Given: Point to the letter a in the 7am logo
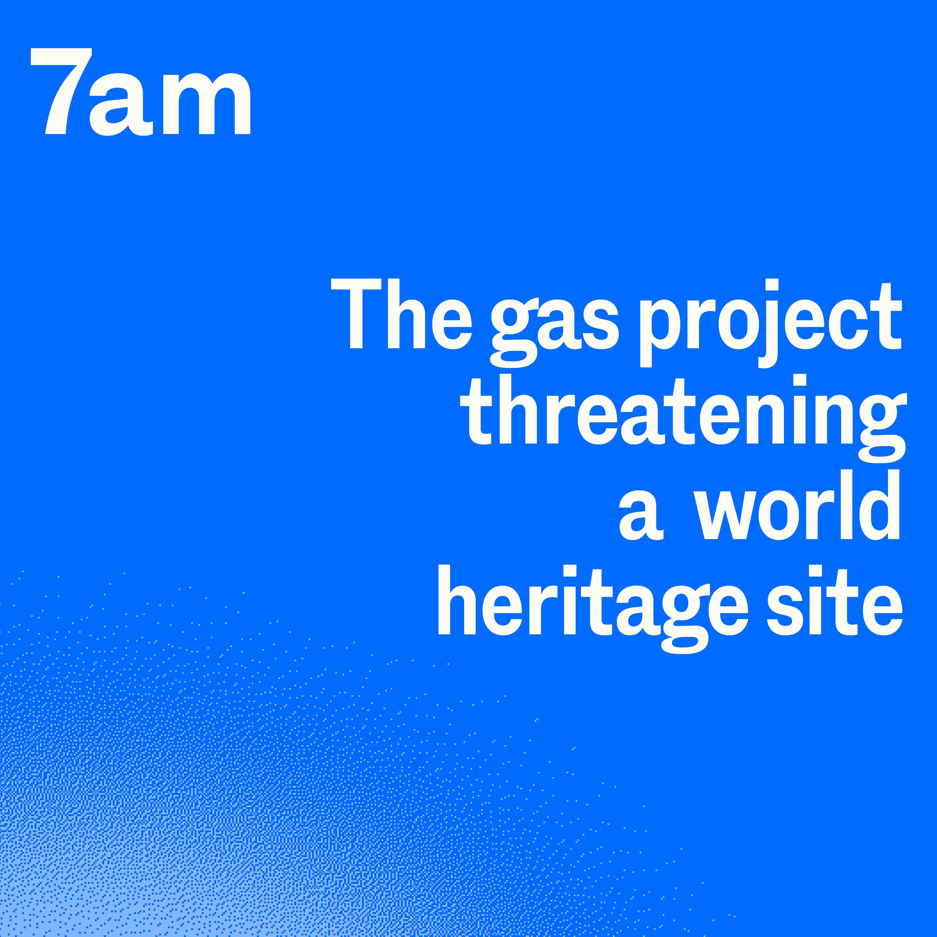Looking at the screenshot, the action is coord(121,104).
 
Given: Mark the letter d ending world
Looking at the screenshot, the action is coord(879,504).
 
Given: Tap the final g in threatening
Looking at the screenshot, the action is coord(882,427).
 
